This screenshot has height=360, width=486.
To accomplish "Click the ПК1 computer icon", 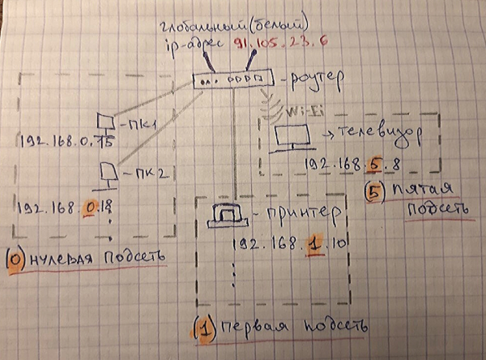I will tap(104, 122).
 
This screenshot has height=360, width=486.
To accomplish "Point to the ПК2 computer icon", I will tap(106, 171).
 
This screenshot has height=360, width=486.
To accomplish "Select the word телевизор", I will tap(373, 131).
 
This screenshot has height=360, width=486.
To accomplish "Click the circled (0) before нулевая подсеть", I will tap(15, 259).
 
